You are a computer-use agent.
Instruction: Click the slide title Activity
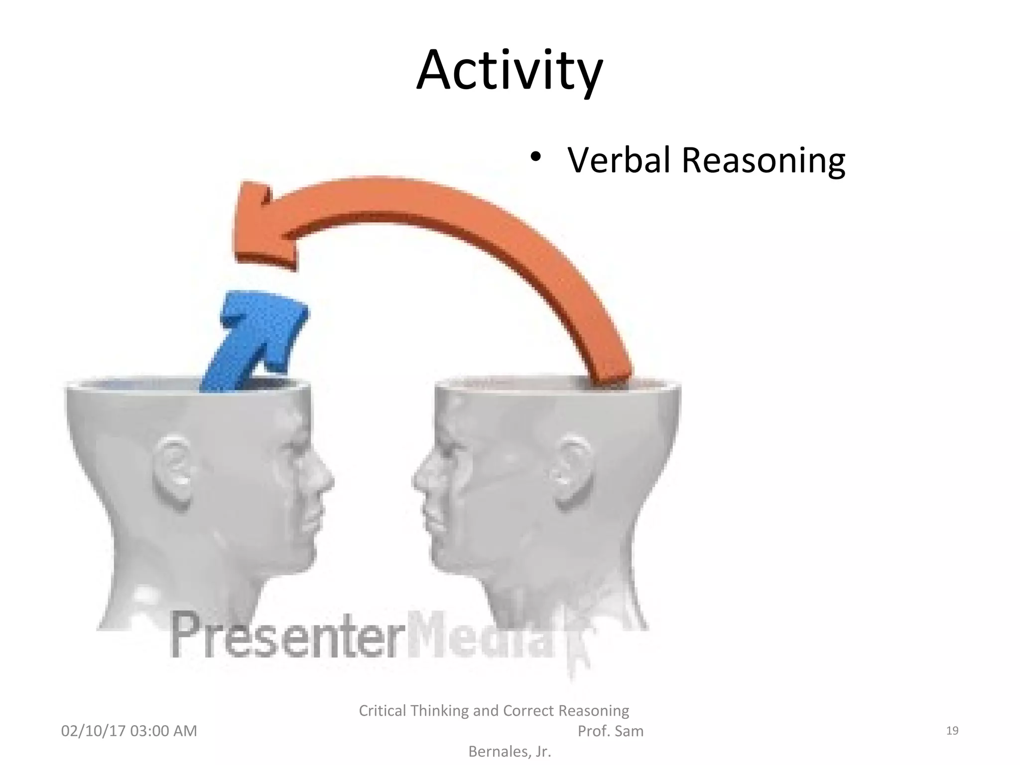click(x=509, y=71)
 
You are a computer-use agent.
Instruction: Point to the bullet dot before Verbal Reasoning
click(x=535, y=157)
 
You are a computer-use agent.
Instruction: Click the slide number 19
click(x=952, y=731)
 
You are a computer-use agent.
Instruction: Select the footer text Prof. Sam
click(x=610, y=731)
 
